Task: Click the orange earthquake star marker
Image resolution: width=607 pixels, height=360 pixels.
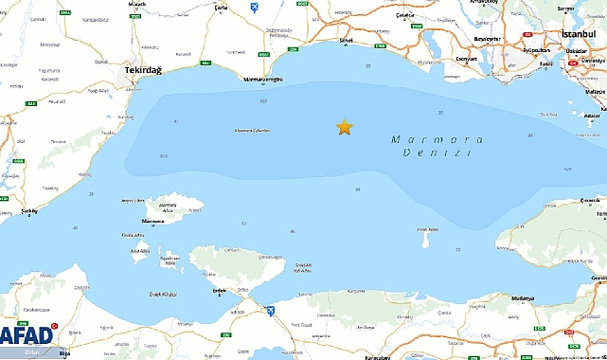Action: [344, 127]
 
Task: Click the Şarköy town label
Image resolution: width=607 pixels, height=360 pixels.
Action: [28, 211]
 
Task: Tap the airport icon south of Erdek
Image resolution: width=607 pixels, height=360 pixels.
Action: [268, 310]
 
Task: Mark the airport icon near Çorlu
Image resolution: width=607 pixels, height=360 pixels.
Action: [254, 8]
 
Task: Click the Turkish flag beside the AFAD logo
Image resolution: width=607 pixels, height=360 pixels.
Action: [55, 325]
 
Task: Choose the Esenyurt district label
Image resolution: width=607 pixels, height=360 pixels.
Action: [466, 59]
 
